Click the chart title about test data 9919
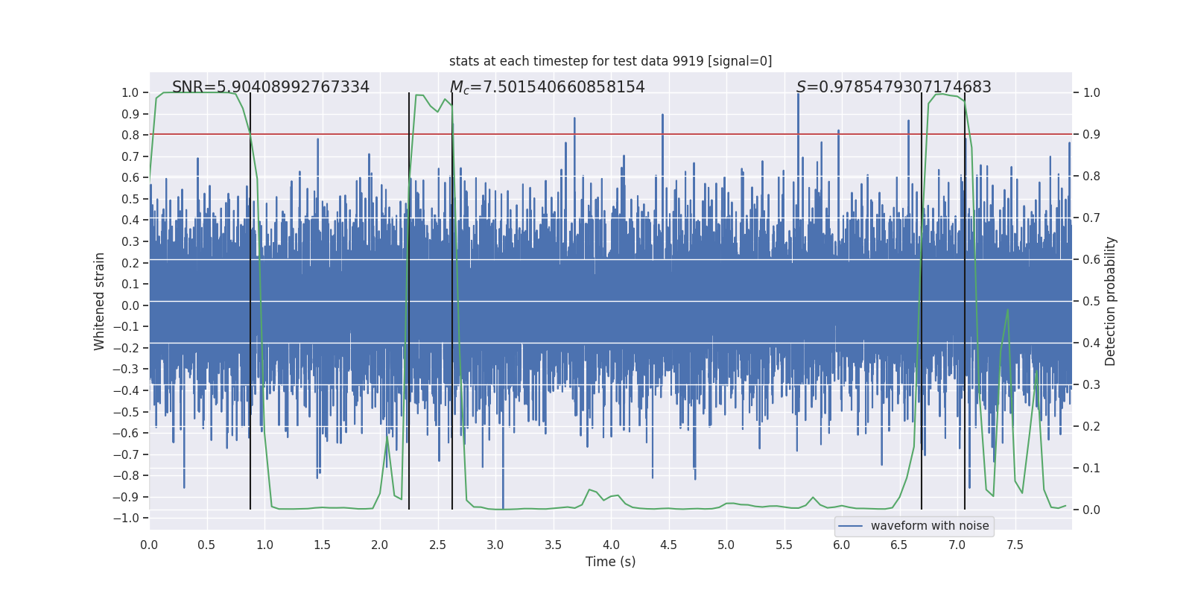610,61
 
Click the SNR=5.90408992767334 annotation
270,87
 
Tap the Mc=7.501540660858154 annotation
547,87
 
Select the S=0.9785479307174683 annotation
893,87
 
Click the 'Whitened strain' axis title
99,301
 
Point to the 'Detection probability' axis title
1110,301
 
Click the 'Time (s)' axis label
610,562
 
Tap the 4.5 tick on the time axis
668,545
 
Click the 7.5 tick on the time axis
1015,545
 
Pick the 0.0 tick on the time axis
149,545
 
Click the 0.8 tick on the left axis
131,135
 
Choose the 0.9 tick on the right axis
1091,135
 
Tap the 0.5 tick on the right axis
1091,302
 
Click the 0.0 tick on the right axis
1091,510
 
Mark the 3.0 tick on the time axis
495,545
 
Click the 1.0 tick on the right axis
1091,93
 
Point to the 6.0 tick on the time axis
842,545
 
